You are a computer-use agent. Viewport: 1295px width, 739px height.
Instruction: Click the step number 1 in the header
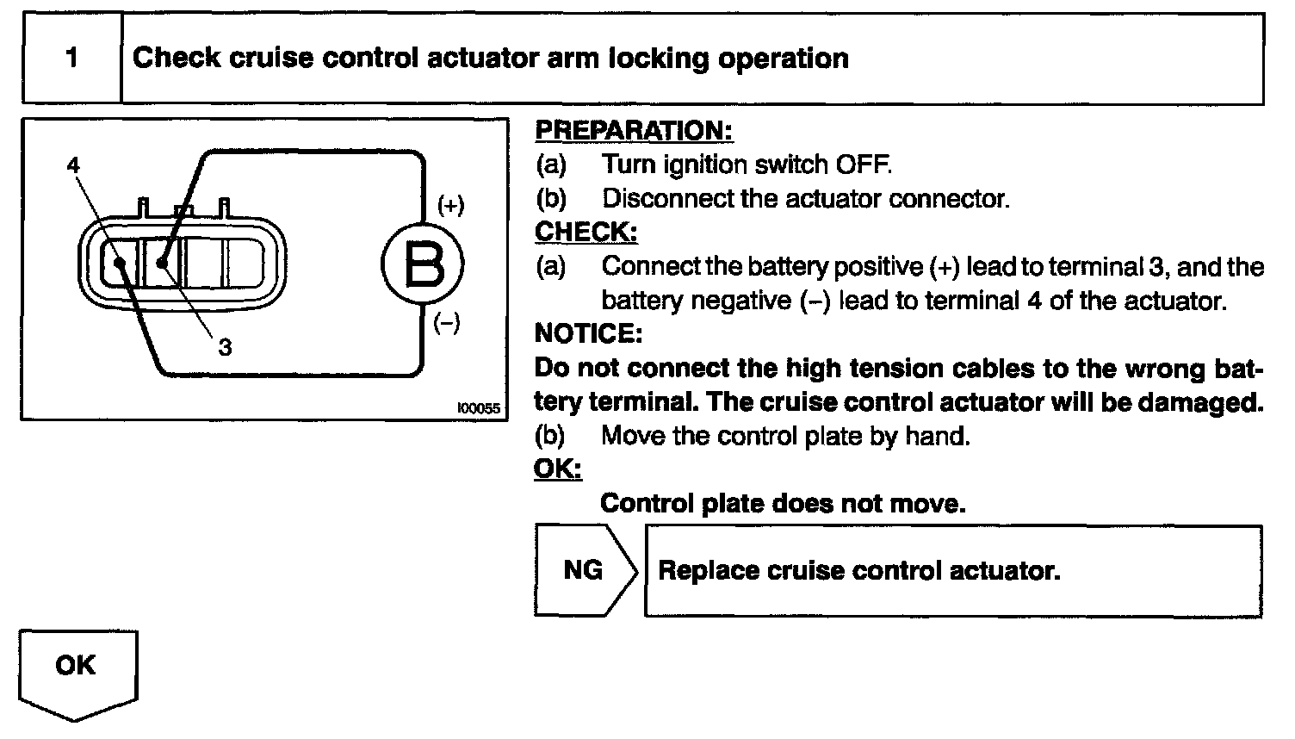coord(71,59)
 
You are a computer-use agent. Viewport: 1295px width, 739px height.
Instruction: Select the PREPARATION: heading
coord(634,130)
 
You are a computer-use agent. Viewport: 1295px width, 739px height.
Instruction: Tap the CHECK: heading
coord(586,232)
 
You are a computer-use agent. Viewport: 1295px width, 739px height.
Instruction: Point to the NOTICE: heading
coord(588,333)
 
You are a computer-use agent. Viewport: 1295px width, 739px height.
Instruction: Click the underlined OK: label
coord(558,469)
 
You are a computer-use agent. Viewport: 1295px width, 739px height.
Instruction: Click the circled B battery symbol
coord(423,264)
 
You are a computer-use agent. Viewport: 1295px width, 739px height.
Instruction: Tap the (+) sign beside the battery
coord(450,205)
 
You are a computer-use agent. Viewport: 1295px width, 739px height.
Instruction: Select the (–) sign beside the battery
coord(446,324)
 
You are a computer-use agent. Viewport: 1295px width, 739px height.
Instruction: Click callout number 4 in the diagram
coord(74,165)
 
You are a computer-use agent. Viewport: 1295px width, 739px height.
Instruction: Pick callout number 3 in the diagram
coord(225,347)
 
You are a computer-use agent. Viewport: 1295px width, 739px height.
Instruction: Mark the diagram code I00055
coord(478,409)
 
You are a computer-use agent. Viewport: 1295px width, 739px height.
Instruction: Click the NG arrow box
coord(586,570)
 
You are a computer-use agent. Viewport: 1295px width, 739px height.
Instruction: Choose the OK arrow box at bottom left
coord(76,667)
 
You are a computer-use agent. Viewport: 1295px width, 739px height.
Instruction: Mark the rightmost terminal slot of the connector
coord(245,263)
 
